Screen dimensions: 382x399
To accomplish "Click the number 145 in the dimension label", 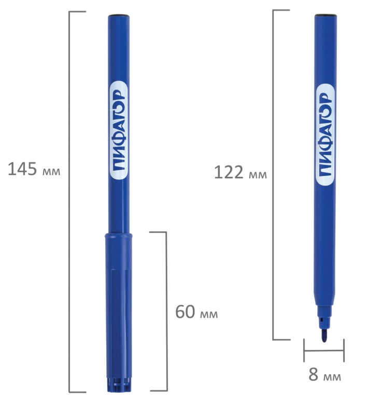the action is coord(22,169).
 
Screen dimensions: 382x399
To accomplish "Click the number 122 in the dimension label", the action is coord(229,172).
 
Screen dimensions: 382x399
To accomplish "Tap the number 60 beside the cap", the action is coord(185,312).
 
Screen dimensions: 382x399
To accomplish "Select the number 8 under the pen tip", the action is coord(313,375).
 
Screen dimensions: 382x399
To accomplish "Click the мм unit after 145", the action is coord(51,172).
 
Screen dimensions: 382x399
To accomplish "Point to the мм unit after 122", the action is coord(258,175).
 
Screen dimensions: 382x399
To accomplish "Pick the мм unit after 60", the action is coord(209,314).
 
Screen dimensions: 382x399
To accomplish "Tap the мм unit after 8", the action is coord(332,377).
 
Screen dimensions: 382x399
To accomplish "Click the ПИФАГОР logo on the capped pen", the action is coord(119,131).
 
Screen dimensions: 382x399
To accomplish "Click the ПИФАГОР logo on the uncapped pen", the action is coord(325,134).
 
